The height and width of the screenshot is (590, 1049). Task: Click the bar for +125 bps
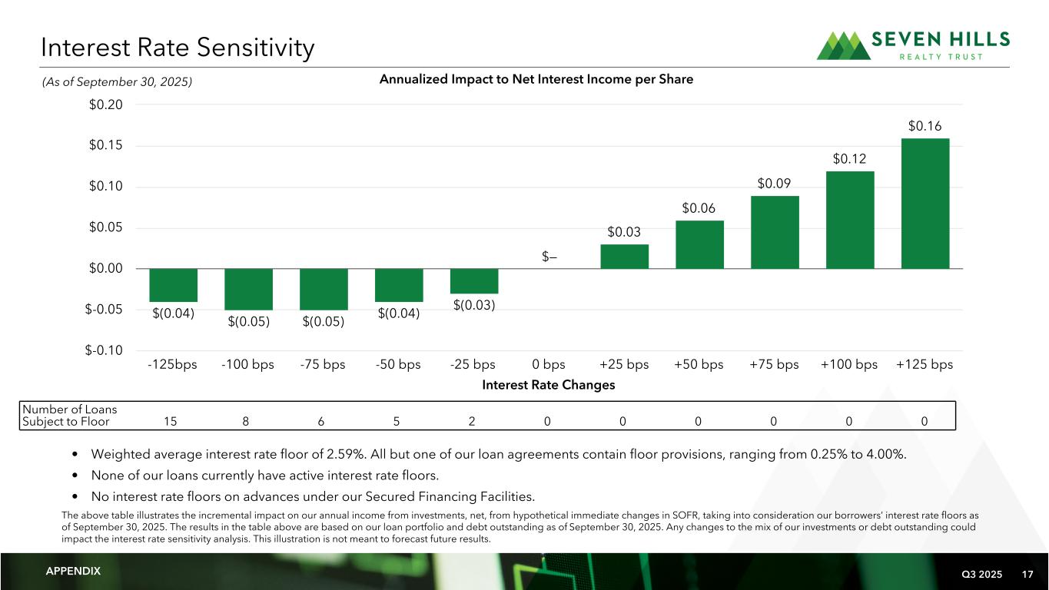coord(925,204)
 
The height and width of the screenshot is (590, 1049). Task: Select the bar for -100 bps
coord(247,289)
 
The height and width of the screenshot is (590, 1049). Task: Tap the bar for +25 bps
coord(624,257)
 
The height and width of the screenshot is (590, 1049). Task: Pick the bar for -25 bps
coord(473,281)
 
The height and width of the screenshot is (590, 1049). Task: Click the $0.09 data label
coord(775,184)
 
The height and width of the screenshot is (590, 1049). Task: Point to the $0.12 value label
coord(850,159)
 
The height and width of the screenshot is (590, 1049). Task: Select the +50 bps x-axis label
coord(699,364)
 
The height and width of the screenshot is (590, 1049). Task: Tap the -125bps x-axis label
coord(172,364)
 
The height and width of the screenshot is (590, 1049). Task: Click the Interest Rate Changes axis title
coord(549,385)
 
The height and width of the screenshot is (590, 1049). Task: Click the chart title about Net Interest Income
coord(536,79)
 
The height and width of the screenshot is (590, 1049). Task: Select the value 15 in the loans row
coord(172,421)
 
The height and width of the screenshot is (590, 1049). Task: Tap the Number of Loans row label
coord(69,415)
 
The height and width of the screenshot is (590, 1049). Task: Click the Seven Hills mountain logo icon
coord(844,45)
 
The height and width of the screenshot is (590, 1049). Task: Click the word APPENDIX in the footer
coord(73,572)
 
